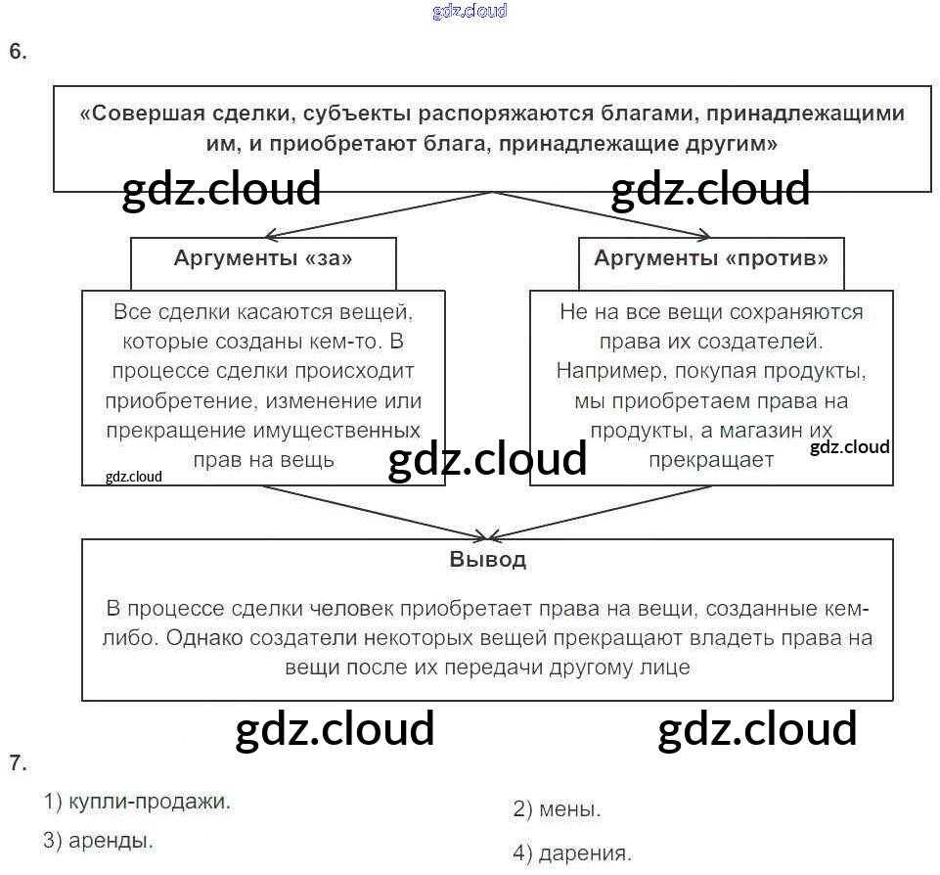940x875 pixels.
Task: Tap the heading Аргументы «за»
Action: (x=263, y=259)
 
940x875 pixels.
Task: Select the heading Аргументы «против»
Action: (x=711, y=259)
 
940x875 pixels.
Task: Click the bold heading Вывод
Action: (x=487, y=561)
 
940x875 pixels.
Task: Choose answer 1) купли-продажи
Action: (x=137, y=803)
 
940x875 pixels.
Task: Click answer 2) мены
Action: (x=557, y=809)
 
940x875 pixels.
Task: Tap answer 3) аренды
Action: (x=98, y=840)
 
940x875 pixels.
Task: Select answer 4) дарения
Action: (x=571, y=853)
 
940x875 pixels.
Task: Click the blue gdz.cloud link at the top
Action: (x=470, y=12)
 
